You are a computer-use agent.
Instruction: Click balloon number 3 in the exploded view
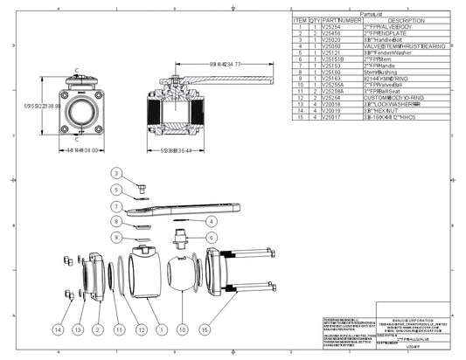click(x=115, y=173)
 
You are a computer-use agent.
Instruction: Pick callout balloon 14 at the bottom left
click(x=59, y=329)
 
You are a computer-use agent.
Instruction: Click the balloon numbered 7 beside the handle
click(x=115, y=208)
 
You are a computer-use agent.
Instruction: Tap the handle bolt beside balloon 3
click(x=137, y=185)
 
